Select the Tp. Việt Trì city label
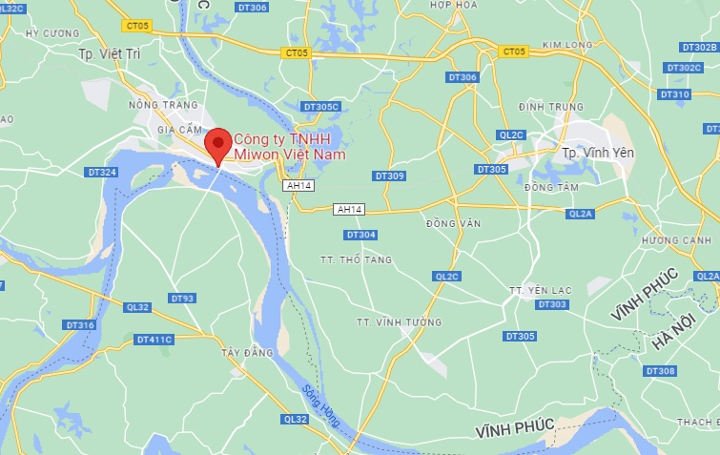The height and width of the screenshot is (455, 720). (x=109, y=54)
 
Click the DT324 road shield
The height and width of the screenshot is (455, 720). (x=101, y=173)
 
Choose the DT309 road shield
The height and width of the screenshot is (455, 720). (x=389, y=176)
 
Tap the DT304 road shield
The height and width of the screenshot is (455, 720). (x=360, y=235)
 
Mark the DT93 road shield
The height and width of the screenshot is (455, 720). (x=182, y=299)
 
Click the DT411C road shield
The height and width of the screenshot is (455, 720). (x=154, y=339)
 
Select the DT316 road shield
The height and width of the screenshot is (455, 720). (x=80, y=325)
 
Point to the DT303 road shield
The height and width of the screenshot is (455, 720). (x=551, y=304)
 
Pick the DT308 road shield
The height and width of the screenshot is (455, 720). (x=660, y=371)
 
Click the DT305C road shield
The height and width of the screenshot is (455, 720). (x=319, y=107)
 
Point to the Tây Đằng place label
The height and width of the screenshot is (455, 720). (x=247, y=353)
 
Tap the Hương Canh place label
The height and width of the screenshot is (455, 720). (x=677, y=239)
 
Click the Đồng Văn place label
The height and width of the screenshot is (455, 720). (x=453, y=223)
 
